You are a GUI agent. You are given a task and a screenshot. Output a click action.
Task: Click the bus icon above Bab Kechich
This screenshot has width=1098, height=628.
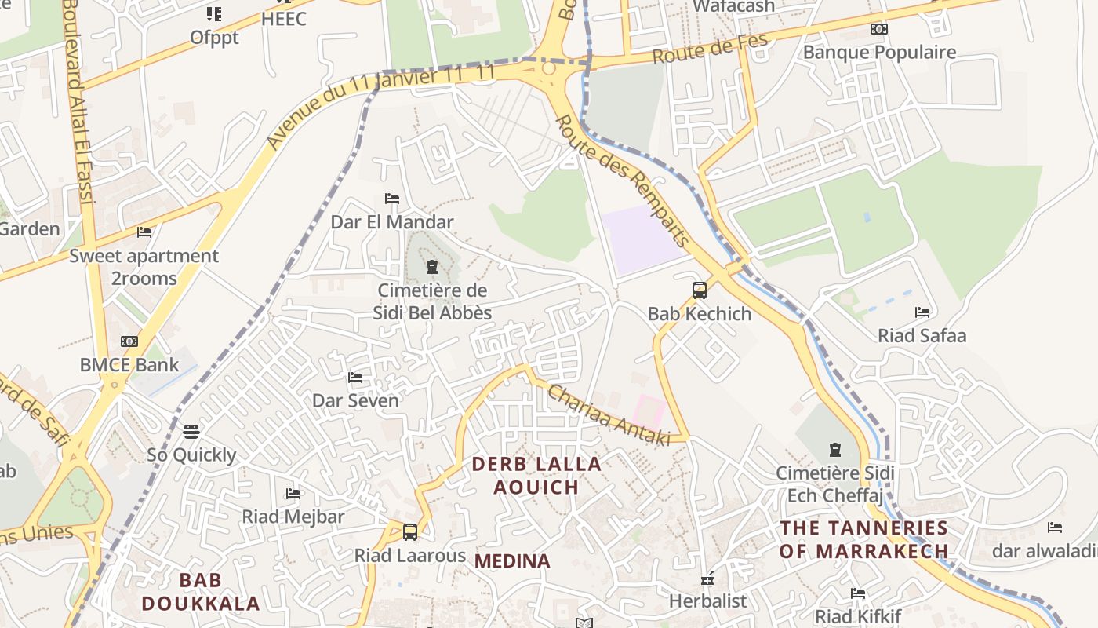pyautogui.click(x=699, y=290)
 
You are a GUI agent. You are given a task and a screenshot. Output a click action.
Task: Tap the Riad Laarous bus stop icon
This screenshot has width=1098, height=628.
pyautogui.click(x=409, y=532)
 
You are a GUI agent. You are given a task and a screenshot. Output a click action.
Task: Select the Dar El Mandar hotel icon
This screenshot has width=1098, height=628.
pyautogui.click(x=392, y=199)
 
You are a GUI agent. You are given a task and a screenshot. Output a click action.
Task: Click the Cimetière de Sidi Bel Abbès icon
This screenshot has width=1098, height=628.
pyautogui.click(x=431, y=267)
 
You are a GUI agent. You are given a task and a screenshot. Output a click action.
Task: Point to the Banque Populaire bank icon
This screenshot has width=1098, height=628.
pyautogui.click(x=879, y=29)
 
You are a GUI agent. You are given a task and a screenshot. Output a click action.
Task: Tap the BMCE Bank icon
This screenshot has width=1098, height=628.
pyautogui.click(x=129, y=341)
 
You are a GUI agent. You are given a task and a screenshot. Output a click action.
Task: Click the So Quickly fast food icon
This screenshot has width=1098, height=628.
pyautogui.click(x=191, y=431)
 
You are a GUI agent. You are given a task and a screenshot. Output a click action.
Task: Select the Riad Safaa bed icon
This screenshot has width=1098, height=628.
pyautogui.click(x=922, y=312)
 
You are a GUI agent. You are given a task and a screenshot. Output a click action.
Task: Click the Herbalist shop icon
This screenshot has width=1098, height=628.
pyautogui.click(x=707, y=579)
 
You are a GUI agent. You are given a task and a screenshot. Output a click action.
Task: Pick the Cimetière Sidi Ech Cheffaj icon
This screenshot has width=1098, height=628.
pyautogui.click(x=834, y=451)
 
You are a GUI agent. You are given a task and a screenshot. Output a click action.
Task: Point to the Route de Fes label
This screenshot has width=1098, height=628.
pyautogui.click(x=709, y=49)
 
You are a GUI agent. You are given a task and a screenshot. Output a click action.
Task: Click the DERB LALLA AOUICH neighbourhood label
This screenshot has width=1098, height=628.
pyautogui.click(x=536, y=475)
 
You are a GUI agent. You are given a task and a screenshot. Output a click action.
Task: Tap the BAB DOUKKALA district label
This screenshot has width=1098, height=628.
pyautogui.click(x=201, y=592)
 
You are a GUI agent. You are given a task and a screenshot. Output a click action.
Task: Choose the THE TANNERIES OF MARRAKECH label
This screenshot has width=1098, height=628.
pyautogui.click(x=863, y=539)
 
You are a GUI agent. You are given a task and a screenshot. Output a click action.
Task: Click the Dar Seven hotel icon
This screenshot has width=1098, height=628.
pyautogui.click(x=355, y=378)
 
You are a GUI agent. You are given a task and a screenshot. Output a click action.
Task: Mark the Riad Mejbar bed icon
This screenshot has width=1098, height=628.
pyautogui.click(x=293, y=494)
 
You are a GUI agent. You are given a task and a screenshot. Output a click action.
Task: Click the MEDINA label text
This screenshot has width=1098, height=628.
pyautogui.click(x=512, y=560)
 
